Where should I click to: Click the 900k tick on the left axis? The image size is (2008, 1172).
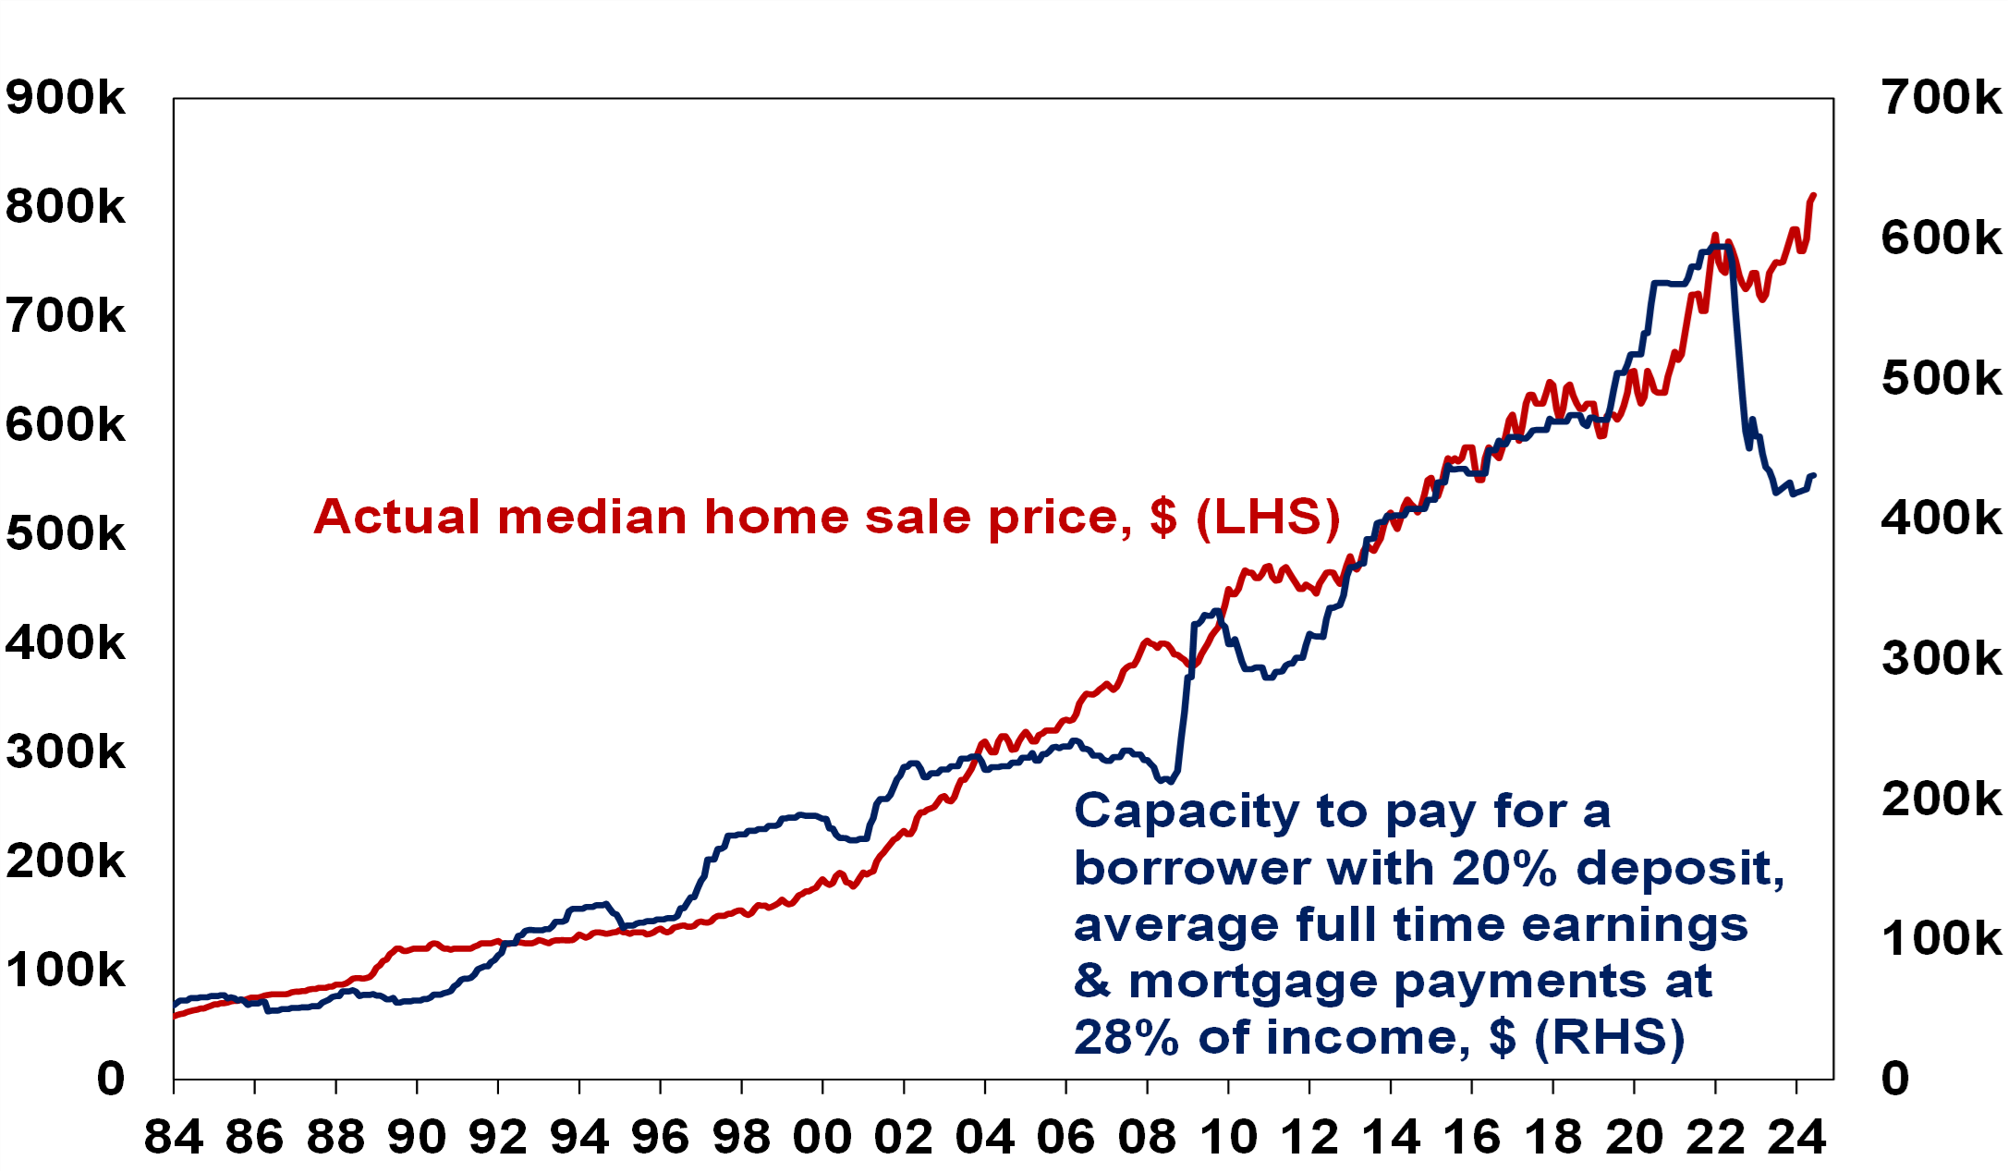(x=65, y=97)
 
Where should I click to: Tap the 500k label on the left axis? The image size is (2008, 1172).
(x=65, y=534)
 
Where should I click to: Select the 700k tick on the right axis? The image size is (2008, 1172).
(x=1941, y=97)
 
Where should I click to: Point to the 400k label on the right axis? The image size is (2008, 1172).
(x=1941, y=518)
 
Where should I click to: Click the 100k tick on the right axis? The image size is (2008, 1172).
(x=1941, y=938)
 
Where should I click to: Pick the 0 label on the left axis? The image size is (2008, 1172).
(x=111, y=1079)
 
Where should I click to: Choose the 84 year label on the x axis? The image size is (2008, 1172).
(x=174, y=1137)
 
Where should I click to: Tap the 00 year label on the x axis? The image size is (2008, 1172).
(x=822, y=1137)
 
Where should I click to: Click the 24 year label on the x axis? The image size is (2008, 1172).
(x=1796, y=1137)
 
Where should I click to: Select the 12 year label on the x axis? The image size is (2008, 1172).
(x=1309, y=1137)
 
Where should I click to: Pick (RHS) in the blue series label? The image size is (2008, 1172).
(x=1610, y=1038)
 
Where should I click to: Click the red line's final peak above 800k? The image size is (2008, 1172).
(x=1814, y=196)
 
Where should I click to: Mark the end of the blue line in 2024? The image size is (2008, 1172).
(x=1814, y=476)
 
